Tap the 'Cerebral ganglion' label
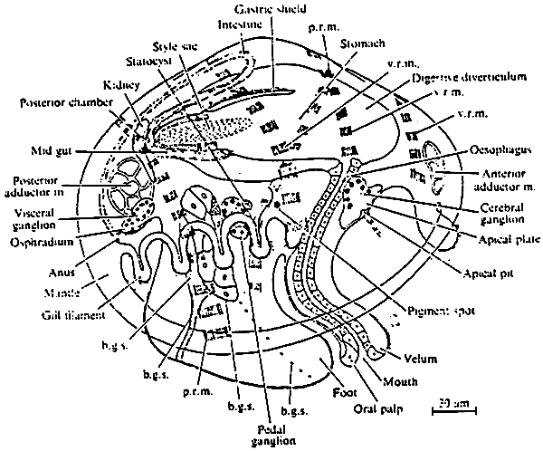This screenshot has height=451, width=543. tap(495, 213)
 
